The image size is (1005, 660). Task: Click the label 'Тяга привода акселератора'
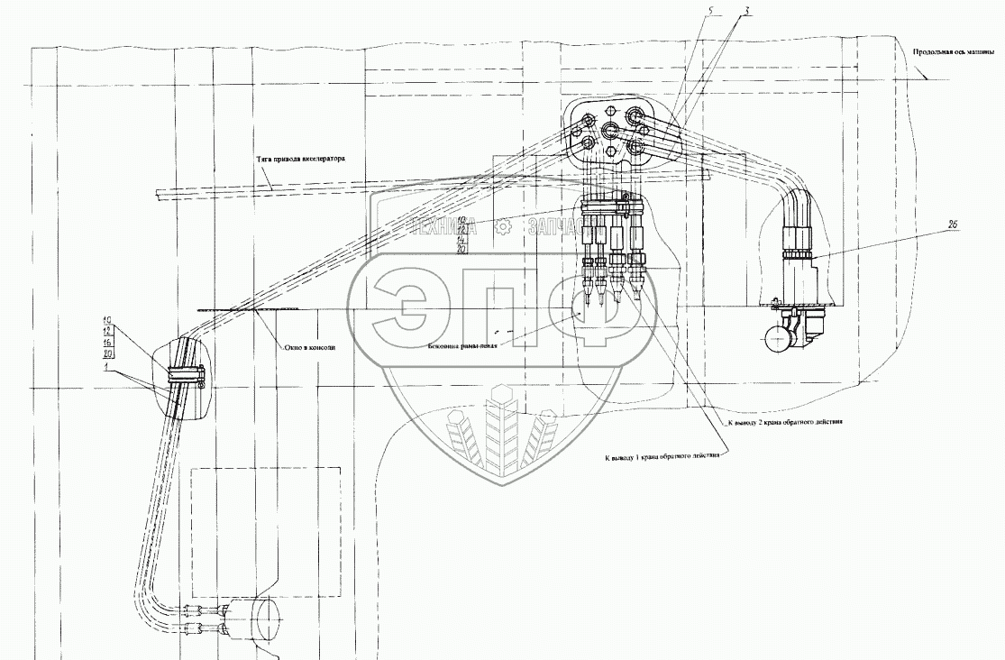click(x=299, y=159)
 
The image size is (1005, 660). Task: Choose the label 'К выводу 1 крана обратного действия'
click(x=663, y=456)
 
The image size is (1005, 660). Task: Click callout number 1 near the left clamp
click(x=106, y=369)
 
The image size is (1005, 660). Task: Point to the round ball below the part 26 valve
click(x=774, y=339)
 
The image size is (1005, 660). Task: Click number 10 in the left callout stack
click(x=106, y=320)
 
